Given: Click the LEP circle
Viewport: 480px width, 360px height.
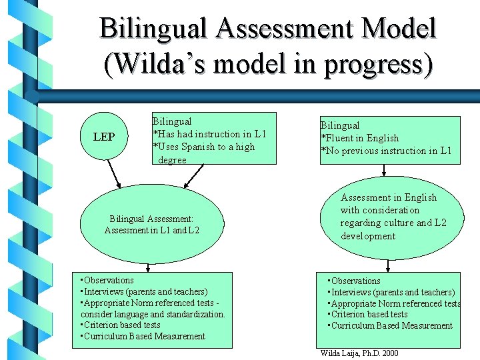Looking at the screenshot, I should pyautogui.click(x=103, y=137).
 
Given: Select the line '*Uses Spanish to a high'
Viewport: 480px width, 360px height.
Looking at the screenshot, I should pyautogui.click(x=204, y=147).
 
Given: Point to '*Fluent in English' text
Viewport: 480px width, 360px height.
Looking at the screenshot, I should pyautogui.click(x=360, y=138).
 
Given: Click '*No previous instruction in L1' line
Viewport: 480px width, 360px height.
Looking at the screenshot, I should pyautogui.click(x=387, y=151).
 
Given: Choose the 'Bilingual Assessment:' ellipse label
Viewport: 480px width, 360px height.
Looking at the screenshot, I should pyautogui.click(x=151, y=218).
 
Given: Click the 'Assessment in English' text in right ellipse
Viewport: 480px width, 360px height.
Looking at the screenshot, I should pyautogui.click(x=389, y=197).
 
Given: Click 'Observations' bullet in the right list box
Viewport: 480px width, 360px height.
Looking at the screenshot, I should pyautogui.click(x=354, y=281).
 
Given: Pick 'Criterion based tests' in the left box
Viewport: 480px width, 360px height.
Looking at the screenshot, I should pyautogui.click(x=121, y=325).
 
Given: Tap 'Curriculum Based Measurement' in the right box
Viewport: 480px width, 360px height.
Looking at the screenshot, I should pyautogui.click(x=390, y=325).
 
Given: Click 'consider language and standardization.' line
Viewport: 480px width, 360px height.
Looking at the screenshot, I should pyautogui.click(x=153, y=314).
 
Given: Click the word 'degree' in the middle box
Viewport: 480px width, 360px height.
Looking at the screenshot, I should pyautogui.click(x=172, y=160).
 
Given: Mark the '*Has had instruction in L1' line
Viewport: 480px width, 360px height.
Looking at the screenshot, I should pyautogui.click(x=210, y=134).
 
